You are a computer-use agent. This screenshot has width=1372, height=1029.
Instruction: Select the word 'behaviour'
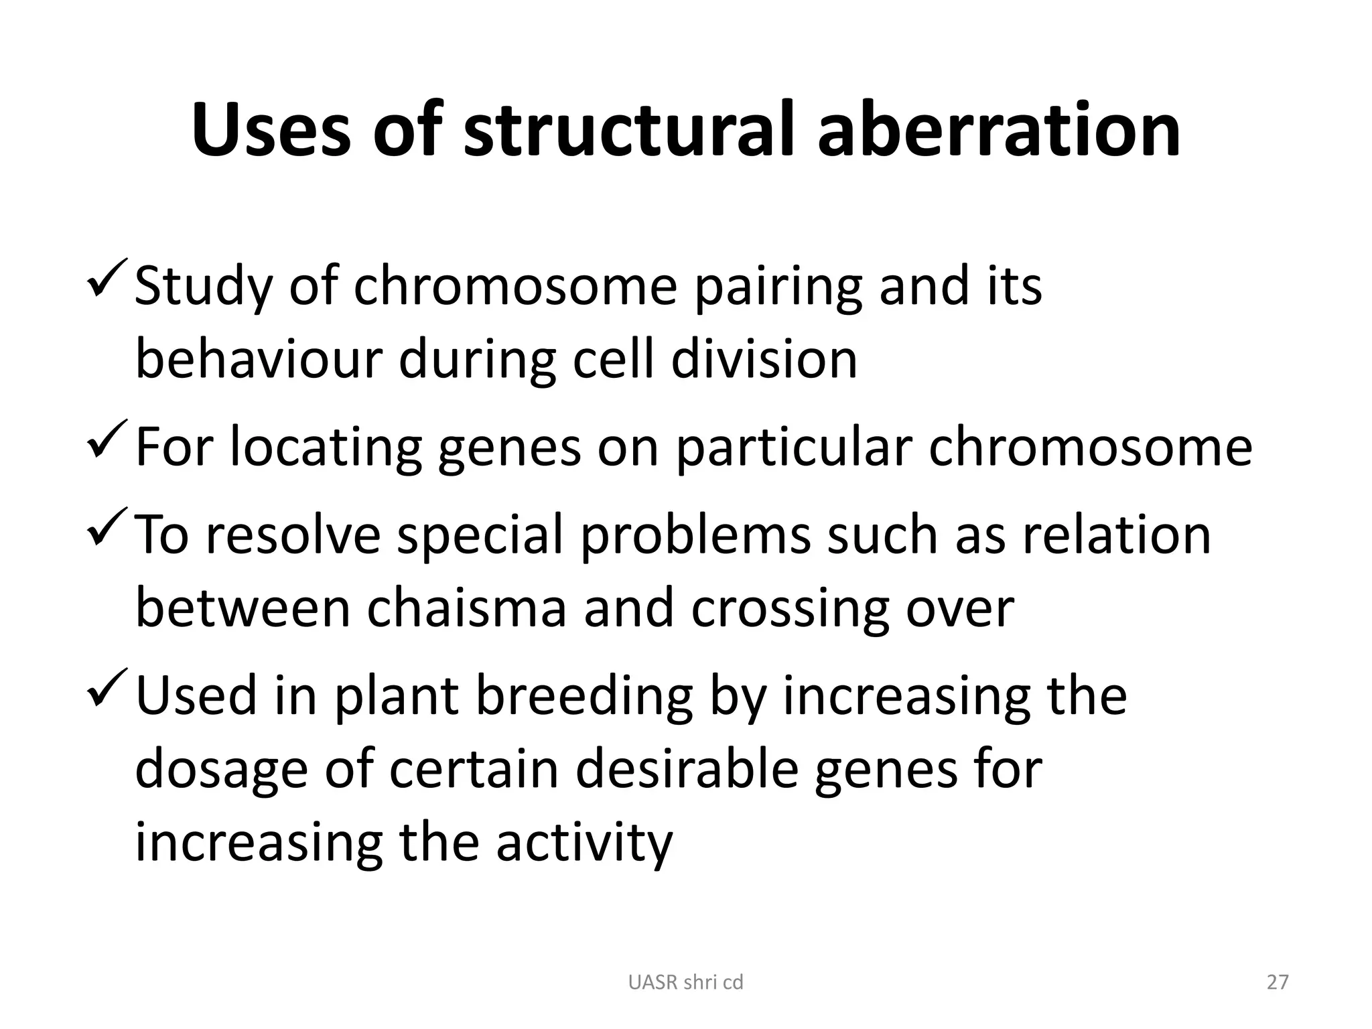[x=258, y=360]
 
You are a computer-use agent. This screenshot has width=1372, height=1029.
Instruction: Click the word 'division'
[x=764, y=360]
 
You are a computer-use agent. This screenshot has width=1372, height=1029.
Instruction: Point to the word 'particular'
[x=793, y=448]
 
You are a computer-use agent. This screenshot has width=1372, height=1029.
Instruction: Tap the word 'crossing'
[x=788, y=610]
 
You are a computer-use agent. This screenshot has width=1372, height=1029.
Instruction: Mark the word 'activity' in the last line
[x=584, y=844]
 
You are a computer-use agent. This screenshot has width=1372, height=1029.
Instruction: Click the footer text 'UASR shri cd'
[x=685, y=983]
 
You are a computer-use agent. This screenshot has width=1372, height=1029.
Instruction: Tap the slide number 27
[x=1278, y=983]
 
